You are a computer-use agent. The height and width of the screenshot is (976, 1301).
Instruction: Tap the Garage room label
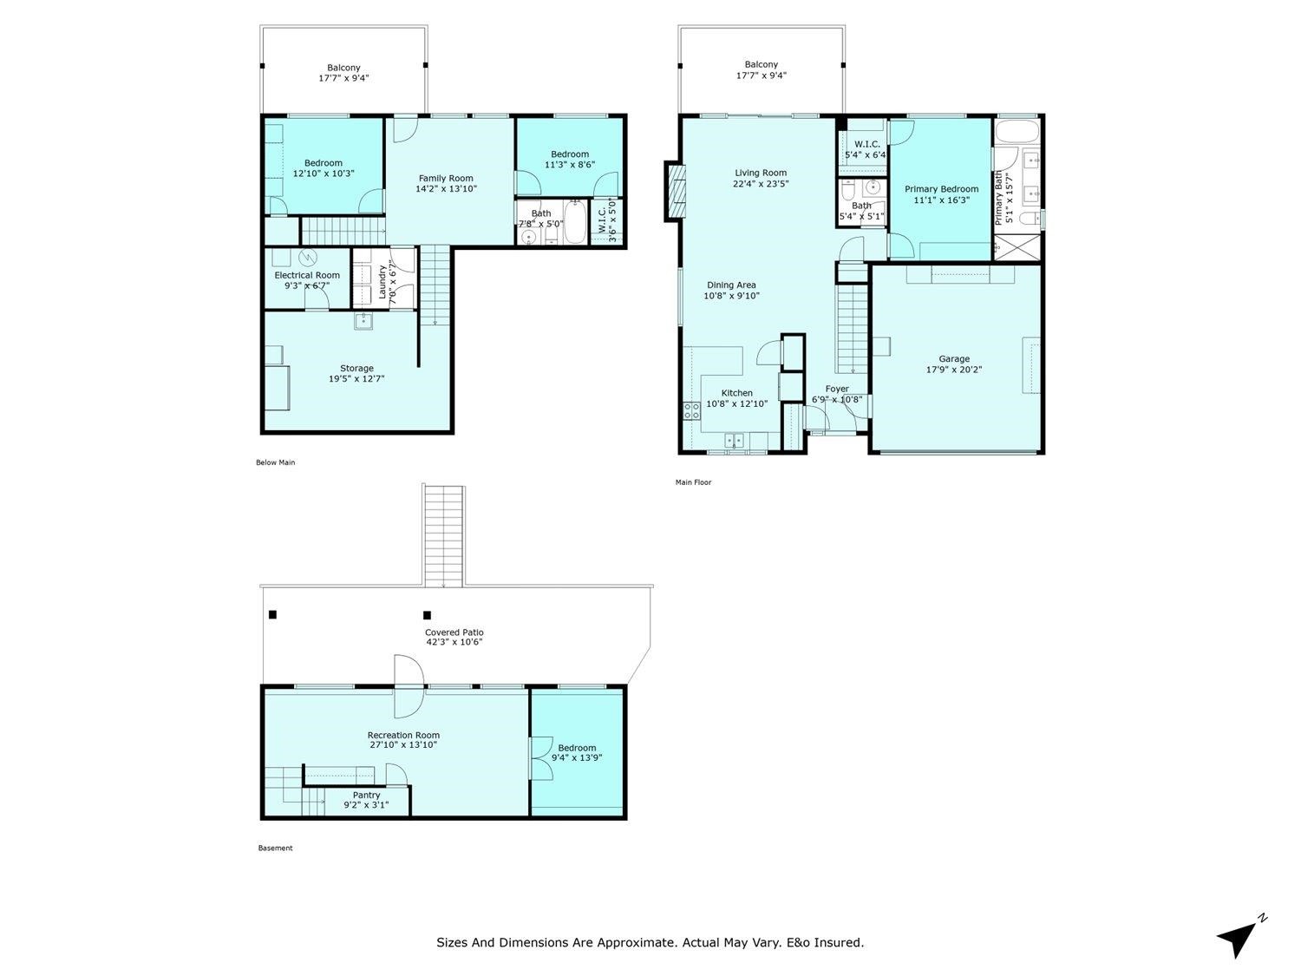954,358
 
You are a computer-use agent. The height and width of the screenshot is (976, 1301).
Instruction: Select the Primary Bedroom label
941,189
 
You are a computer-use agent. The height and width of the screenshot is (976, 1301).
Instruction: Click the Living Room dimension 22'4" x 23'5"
761,184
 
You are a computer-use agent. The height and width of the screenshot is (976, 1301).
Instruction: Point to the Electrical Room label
307,275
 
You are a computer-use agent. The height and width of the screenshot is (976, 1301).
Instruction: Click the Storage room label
356,368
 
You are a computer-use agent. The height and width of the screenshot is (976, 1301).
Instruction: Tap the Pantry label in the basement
366,795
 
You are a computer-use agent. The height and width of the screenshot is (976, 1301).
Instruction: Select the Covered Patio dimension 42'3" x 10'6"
454,642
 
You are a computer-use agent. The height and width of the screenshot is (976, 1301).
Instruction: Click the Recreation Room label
403,735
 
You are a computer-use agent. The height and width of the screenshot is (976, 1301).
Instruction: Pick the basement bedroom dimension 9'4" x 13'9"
577,757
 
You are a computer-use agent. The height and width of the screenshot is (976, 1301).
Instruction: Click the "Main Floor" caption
693,482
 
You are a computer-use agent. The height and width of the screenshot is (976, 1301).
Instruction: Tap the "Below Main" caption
275,462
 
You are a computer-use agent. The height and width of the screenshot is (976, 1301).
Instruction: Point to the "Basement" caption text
275,848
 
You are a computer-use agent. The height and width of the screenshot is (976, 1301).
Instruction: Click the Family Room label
446,178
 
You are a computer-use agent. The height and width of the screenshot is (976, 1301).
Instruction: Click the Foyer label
837,389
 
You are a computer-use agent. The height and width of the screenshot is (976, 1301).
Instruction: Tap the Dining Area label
731,285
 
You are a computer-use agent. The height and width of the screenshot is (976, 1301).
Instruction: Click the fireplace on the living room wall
674,190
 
